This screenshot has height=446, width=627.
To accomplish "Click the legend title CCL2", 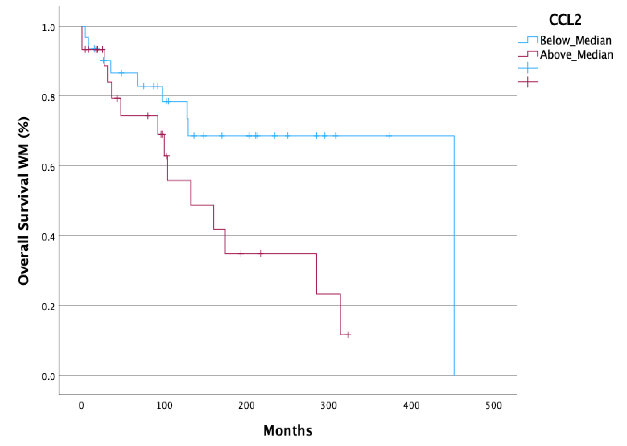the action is (x=565, y=20).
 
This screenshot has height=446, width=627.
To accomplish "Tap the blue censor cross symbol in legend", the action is (x=527, y=67).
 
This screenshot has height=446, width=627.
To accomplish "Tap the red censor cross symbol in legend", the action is (x=527, y=82).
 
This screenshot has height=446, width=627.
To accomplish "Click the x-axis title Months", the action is (x=287, y=430).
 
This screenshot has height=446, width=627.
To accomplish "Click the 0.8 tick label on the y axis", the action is (x=48, y=97).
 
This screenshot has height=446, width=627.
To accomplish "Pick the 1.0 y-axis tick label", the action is (x=48, y=27).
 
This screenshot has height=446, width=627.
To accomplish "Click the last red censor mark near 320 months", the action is (x=348, y=335).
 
